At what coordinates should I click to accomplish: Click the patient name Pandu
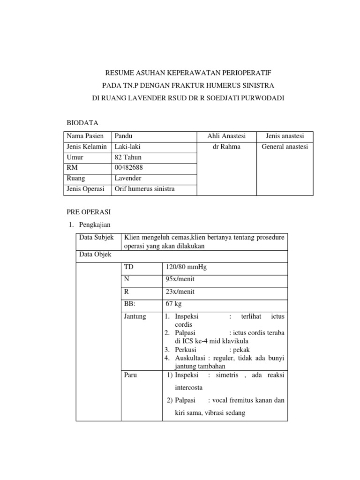(124, 136)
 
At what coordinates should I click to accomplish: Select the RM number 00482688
(128, 168)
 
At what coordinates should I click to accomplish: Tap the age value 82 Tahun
(128, 157)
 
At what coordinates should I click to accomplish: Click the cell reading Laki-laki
(127, 147)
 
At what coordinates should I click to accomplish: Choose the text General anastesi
(285, 147)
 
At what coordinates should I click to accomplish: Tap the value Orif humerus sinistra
(144, 189)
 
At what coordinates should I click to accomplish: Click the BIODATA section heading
(83, 122)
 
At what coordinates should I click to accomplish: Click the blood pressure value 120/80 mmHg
(186, 268)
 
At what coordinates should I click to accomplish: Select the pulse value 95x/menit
(180, 280)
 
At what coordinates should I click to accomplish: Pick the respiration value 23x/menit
(180, 292)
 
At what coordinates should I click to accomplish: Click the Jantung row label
(135, 316)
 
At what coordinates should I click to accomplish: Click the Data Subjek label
(97, 238)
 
